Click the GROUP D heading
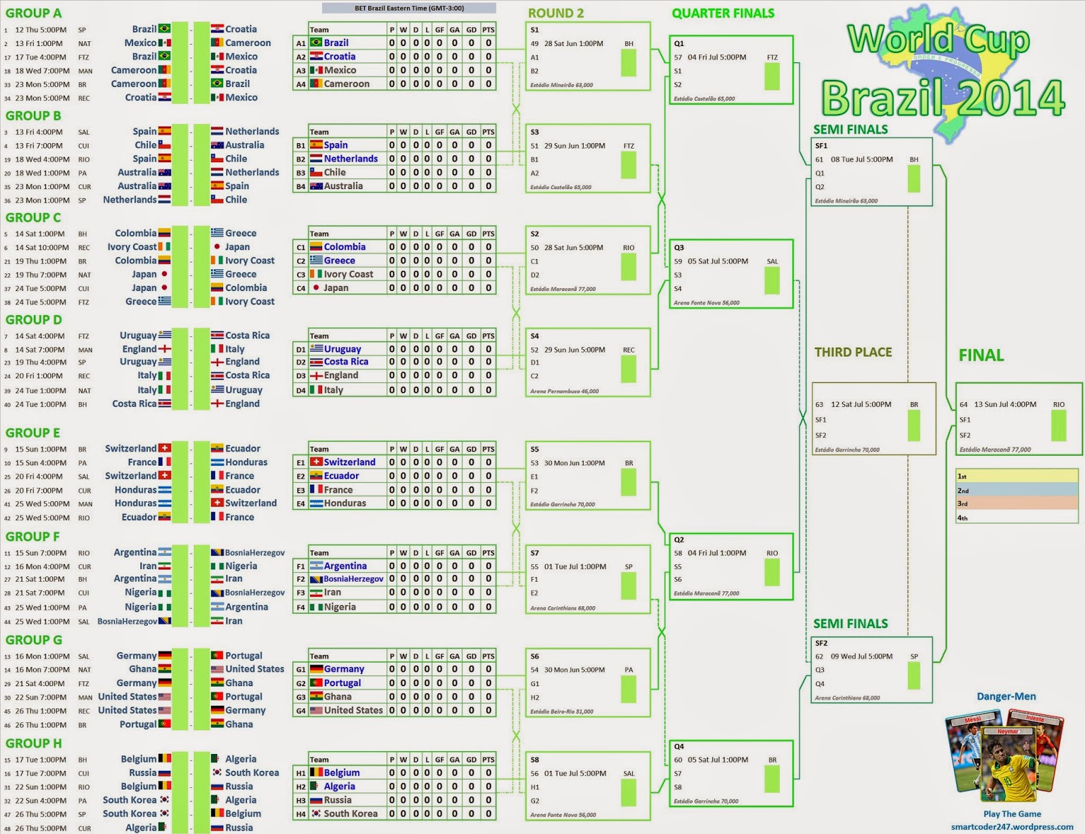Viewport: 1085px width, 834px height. click(34, 320)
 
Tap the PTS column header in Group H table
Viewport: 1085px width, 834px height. click(488, 759)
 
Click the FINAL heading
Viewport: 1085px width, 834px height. click(981, 355)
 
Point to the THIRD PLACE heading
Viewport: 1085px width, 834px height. click(853, 352)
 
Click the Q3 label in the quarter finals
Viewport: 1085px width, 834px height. click(679, 247)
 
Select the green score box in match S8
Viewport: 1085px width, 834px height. click(629, 792)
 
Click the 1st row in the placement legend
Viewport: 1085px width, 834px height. click(1017, 476)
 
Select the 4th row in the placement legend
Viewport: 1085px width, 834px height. click(1017, 517)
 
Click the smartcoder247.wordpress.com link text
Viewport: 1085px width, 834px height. click(1012, 827)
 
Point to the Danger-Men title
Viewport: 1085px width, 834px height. click(1006, 696)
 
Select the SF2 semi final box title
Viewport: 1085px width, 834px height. click(821, 643)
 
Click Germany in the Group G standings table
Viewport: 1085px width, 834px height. click(344, 669)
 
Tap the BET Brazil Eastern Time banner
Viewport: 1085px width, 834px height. click(409, 8)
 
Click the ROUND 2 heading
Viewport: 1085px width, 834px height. click(555, 13)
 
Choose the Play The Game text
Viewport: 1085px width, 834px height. click(1012, 814)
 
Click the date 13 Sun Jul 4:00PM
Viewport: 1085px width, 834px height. click(1005, 404)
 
